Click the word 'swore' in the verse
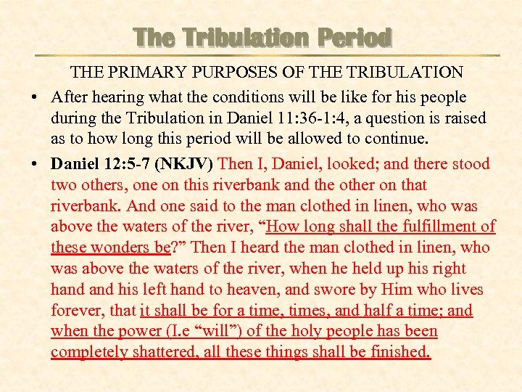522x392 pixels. click(331, 290)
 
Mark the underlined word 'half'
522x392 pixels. click(394, 311)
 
